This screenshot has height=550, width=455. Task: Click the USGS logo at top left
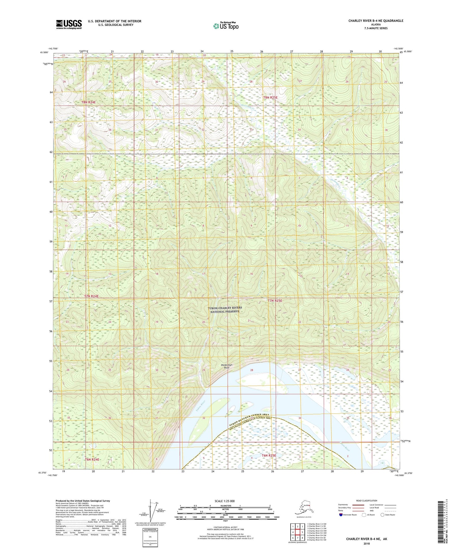[69, 24]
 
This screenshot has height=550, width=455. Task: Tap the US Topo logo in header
[225, 26]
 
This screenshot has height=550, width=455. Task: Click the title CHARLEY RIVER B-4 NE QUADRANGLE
[375, 21]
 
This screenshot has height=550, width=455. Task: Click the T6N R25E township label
[269, 455]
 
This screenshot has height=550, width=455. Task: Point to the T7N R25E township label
[275, 301]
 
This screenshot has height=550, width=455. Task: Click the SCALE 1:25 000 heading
[225, 501]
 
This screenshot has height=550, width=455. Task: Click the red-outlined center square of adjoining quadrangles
[297, 532]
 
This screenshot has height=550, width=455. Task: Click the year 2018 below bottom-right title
[367, 543]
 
